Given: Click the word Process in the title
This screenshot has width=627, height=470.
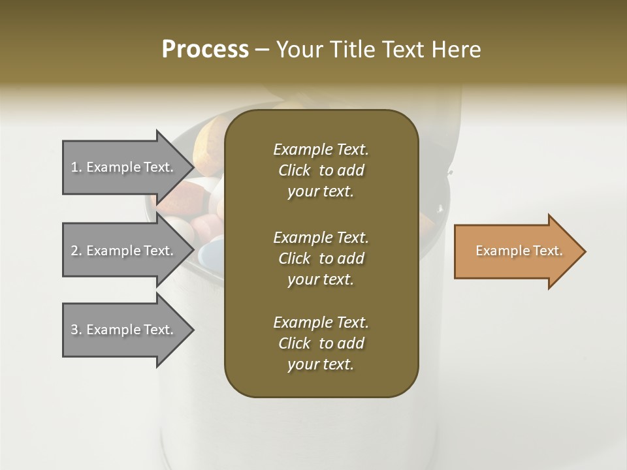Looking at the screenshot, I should (205, 50).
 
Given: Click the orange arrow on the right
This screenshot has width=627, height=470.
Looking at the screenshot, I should (519, 251).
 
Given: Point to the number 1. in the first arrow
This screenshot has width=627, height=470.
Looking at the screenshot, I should (76, 167).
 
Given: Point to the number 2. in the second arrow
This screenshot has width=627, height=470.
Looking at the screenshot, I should (76, 251).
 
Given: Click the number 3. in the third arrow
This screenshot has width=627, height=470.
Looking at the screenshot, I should (76, 330).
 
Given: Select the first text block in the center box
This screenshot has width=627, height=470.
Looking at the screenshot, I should (321, 170).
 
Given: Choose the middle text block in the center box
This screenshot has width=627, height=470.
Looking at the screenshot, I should (321, 258).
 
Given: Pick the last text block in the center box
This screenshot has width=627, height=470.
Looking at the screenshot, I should (321, 343).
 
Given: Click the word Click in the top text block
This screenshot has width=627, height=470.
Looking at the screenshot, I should (294, 170).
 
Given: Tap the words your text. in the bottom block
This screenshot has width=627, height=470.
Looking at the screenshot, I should (321, 364).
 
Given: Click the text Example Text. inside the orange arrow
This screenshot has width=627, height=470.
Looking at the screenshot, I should (519, 251).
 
